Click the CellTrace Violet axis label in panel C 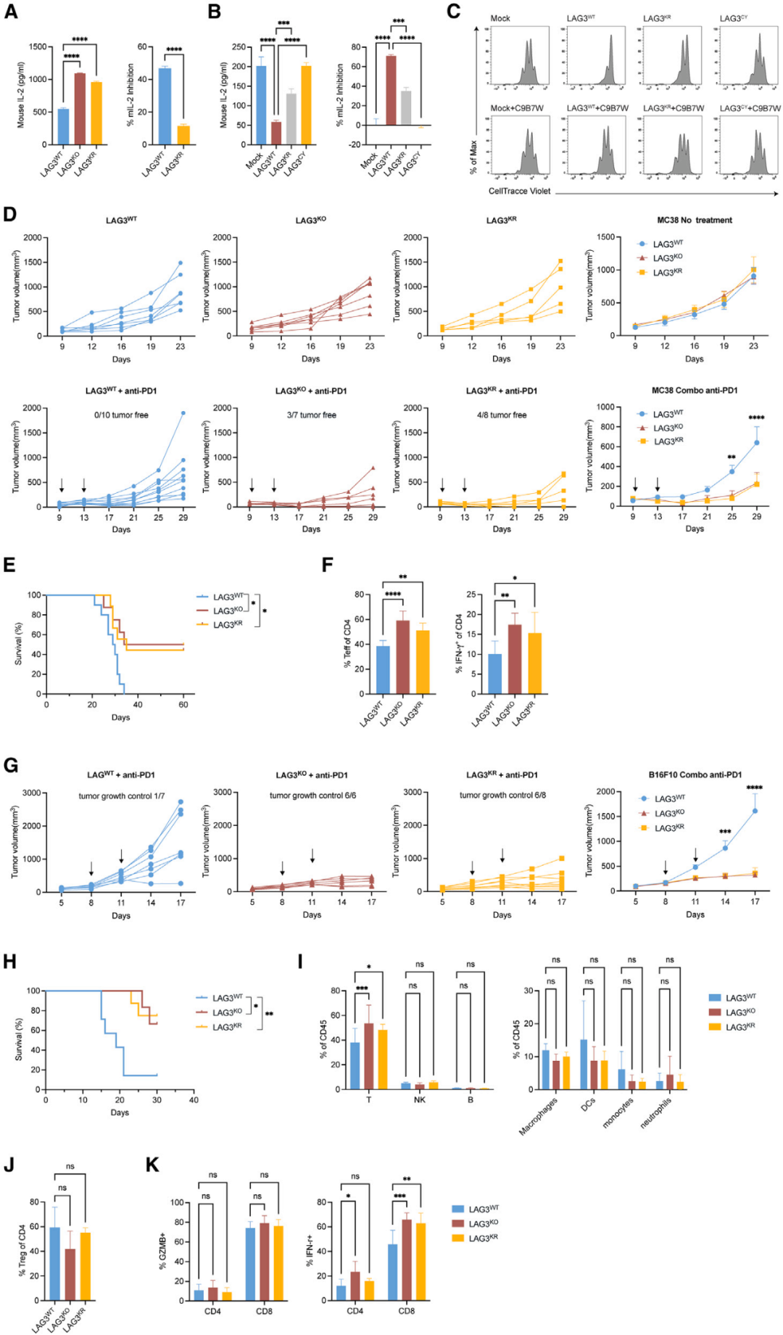coord(519,191)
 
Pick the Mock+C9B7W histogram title coord(516,108)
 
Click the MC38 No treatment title coord(694,220)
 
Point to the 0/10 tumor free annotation coord(121,416)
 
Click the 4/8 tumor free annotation coord(502,416)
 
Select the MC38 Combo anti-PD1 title coord(694,391)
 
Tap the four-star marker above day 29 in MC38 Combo coord(755,418)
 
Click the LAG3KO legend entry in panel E coord(228,611)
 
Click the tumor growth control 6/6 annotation coord(312,795)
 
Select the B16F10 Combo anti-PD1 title coord(695,775)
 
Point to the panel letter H coord(10,962)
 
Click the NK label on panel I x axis coord(419,1100)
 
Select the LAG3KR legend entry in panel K coord(483,1239)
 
